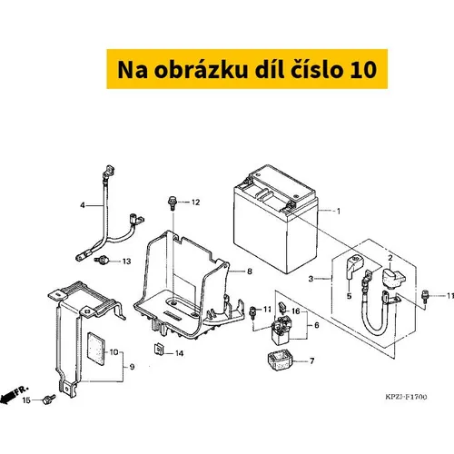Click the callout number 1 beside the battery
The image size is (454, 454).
339,211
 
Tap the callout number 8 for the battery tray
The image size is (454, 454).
250,271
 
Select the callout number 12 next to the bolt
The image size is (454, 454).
195,202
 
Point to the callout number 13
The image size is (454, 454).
126,262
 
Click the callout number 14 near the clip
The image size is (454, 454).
179,353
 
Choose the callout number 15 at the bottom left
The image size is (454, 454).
26,400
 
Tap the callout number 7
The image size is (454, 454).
311,361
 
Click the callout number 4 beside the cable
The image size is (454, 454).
83,205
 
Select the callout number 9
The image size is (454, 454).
132,367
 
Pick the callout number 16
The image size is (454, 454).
295,311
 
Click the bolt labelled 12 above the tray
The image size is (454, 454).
172,203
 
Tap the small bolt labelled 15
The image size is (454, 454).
49,400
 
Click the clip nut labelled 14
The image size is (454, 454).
158,350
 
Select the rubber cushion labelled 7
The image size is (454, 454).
281,360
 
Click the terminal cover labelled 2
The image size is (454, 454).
393,278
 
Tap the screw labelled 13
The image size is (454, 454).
102,260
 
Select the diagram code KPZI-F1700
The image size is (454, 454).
406,397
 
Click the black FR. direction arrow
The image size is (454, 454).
8,396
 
